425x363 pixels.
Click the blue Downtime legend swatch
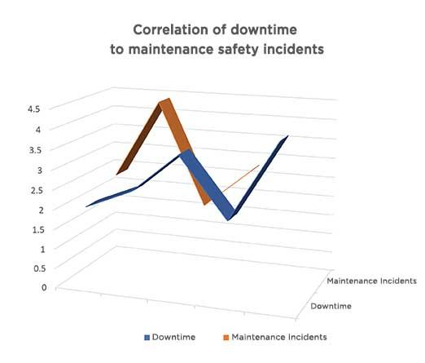click(x=147, y=337)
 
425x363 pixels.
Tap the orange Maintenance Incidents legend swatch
click(x=226, y=337)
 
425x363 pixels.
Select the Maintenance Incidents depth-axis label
click(x=371, y=281)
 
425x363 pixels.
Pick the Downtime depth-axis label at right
click(x=331, y=306)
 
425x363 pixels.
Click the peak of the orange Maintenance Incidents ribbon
click(x=165, y=102)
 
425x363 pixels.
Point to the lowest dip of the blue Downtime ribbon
click(x=232, y=218)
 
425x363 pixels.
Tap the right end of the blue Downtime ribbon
click(x=285, y=138)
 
